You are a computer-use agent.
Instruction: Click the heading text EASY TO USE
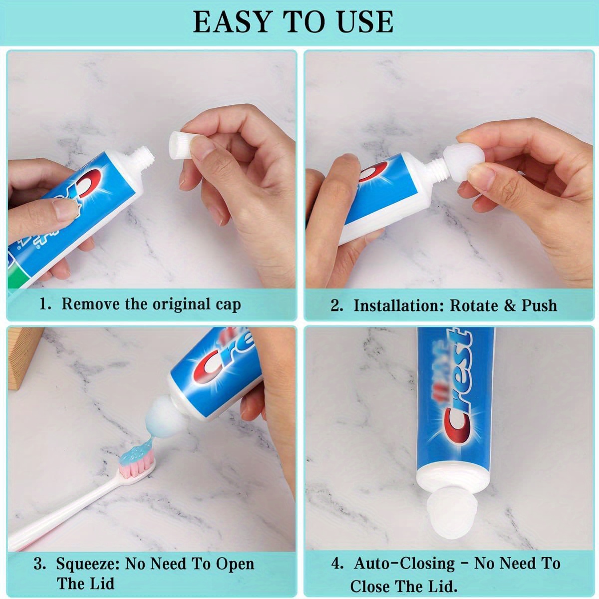click(x=293, y=21)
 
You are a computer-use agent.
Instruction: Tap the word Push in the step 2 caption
click(x=539, y=305)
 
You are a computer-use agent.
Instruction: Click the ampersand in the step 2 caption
click(x=509, y=305)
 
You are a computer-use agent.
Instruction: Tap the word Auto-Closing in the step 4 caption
click(x=404, y=564)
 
